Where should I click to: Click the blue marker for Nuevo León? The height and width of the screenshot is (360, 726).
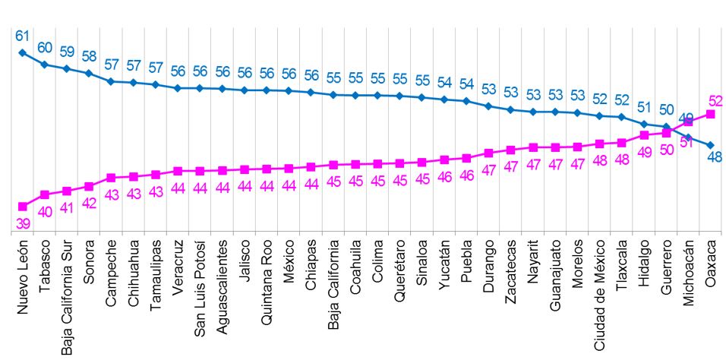click(23, 52)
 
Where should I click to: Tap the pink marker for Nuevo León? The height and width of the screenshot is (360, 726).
click(23, 206)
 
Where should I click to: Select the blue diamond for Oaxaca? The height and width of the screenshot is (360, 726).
click(711, 145)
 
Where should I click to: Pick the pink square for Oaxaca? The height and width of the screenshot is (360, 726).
click(711, 114)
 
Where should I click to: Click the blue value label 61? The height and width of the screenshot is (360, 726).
click(22, 36)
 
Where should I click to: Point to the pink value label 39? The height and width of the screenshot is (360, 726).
click(23, 223)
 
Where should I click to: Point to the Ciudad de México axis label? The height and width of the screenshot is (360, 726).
click(599, 295)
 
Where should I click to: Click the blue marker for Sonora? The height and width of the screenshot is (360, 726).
click(89, 73)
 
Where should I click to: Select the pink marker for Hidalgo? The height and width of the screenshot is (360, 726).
click(644, 135)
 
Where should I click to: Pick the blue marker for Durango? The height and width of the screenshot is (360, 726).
click(490, 106)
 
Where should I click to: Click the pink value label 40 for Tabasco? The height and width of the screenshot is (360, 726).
click(45, 212)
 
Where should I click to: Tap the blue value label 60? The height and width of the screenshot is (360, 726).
click(45, 48)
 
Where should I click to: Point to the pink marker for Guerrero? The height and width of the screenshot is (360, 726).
click(667, 133)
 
